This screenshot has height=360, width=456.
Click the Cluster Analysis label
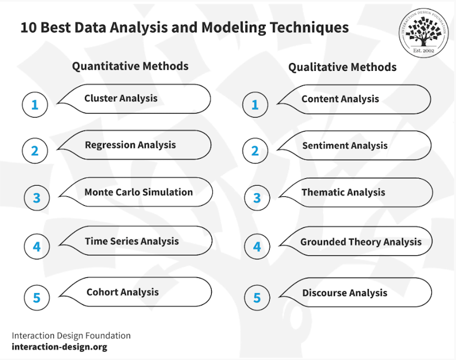tap(121, 98)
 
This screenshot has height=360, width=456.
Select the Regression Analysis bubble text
tap(130, 145)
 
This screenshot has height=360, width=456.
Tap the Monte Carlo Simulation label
tap(138, 192)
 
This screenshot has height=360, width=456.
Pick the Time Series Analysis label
tap(132, 241)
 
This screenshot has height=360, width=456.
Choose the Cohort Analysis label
tap(123, 292)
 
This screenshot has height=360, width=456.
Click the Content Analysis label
tap(340, 99)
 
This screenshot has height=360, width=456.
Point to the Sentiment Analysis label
tap(345, 146)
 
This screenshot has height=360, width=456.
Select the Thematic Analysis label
tap(343, 192)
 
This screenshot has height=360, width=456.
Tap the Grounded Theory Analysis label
tap(361, 242)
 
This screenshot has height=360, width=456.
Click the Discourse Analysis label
tap(345, 293)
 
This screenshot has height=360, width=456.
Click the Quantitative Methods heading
tap(130, 66)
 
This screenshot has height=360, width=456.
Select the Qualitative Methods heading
tap(342, 67)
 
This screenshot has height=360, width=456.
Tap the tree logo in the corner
tap(423, 33)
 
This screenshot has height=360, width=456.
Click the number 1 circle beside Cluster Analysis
tap(35, 105)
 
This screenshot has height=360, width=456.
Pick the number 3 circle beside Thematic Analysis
tap(257, 198)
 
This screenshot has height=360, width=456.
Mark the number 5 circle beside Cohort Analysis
tap(37, 298)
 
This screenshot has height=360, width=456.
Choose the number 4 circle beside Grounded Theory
tap(257, 247)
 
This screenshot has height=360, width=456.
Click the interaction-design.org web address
tap(60, 347)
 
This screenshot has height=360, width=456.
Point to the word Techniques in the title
tap(310, 28)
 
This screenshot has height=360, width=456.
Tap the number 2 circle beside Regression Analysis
tap(35, 151)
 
